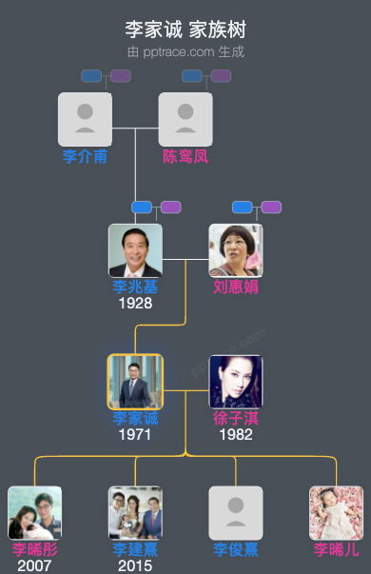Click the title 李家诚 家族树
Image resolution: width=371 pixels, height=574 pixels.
(x=185, y=30)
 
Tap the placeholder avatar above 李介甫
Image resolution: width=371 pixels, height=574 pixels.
(x=85, y=119)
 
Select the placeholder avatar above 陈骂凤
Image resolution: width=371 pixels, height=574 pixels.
(x=185, y=119)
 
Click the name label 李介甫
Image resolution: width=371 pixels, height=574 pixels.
(x=85, y=156)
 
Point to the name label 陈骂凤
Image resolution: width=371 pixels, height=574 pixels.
(x=185, y=156)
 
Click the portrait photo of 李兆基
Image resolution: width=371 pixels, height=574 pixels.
(x=135, y=250)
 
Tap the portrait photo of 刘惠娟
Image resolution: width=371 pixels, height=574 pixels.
(x=236, y=250)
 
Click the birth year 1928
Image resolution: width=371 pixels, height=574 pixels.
(x=135, y=304)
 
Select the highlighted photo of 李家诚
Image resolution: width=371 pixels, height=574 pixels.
(x=135, y=382)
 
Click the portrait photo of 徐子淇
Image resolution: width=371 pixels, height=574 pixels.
(x=236, y=382)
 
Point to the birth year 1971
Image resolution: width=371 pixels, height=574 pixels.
(x=135, y=434)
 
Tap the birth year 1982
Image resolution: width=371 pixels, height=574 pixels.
(x=236, y=434)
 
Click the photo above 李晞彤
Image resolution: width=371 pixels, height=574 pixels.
(x=35, y=513)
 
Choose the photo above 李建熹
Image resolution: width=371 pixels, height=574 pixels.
(x=135, y=513)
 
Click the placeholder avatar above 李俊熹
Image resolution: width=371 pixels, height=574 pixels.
(x=236, y=513)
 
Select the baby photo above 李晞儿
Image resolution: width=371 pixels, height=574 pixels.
(x=337, y=513)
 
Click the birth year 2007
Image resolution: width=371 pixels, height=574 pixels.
(x=35, y=565)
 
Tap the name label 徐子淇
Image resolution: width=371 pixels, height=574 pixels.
(x=236, y=418)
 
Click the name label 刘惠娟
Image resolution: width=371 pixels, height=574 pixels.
(x=236, y=287)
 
